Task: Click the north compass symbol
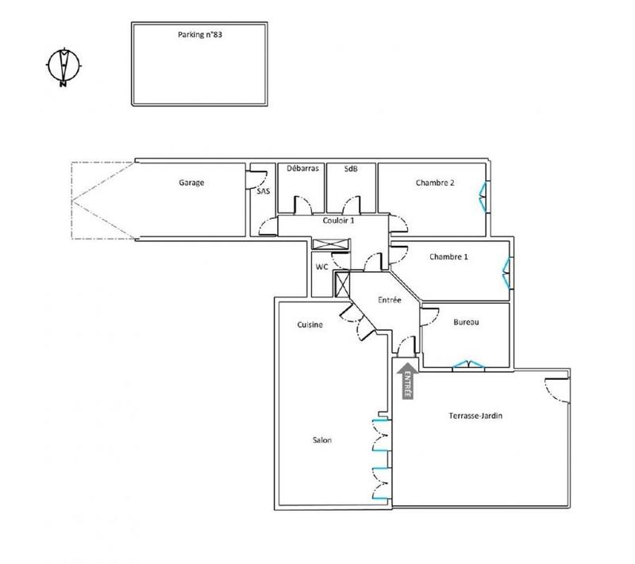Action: [x=62, y=67]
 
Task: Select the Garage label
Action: [x=191, y=182]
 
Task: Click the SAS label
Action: [x=263, y=191]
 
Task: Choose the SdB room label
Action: [x=350, y=168]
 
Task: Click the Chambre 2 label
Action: [x=435, y=182]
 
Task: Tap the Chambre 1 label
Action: [x=448, y=256]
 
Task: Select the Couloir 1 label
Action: [x=339, y=221]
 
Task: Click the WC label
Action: [x=322, y=267]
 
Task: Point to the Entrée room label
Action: [x=388, y=300]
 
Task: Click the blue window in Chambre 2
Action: [x=483, y=196]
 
